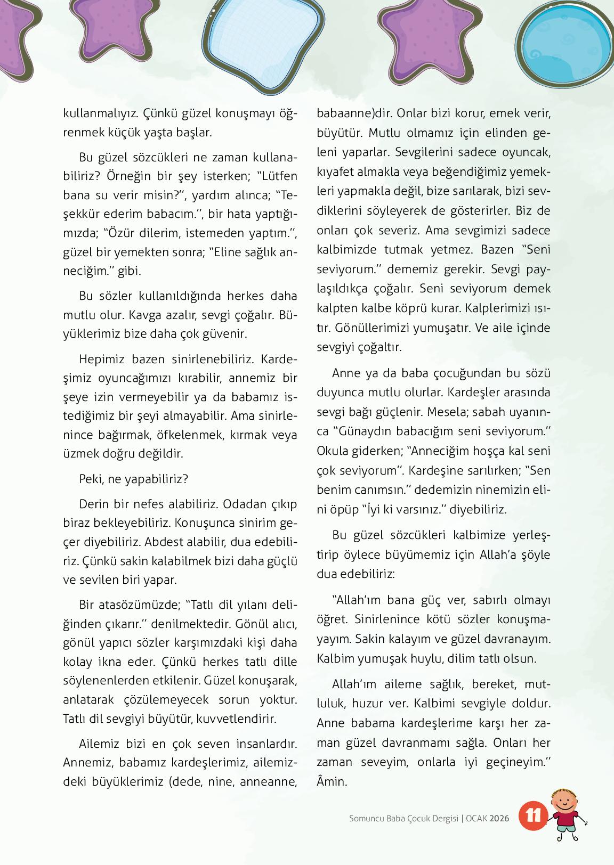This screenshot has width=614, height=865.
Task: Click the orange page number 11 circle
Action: pos(532,817)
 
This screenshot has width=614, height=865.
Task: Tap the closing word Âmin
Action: pos(332,781)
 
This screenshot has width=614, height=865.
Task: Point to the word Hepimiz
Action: pos(101,359)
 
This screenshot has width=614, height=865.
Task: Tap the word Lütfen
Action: pos(279,175)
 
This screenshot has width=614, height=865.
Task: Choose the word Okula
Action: pos(332,450)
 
